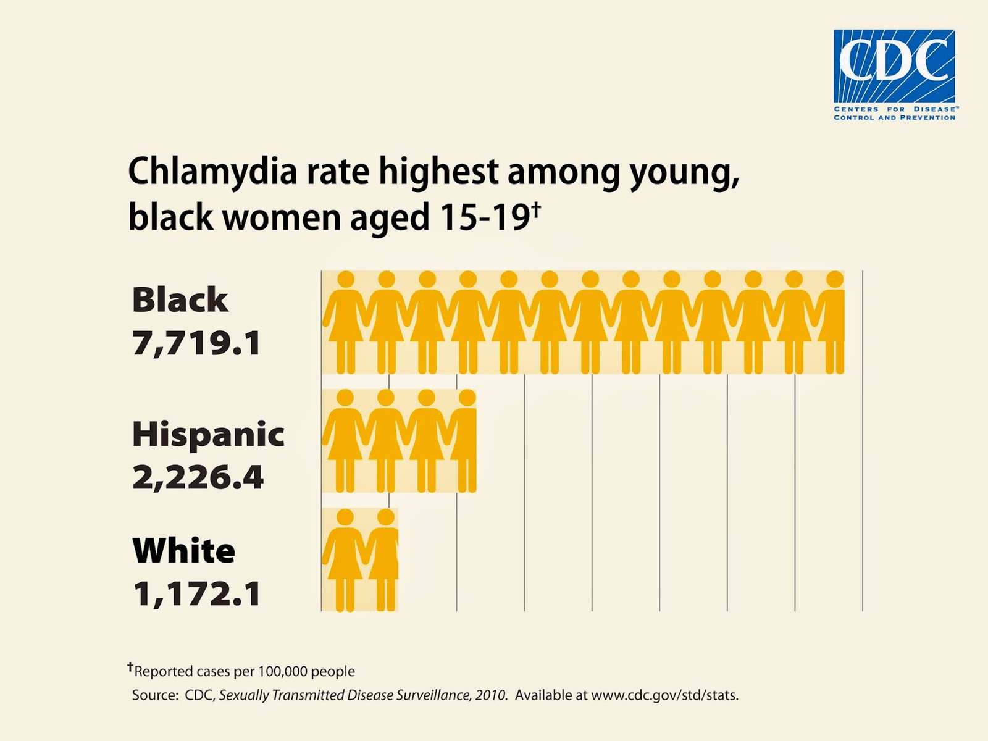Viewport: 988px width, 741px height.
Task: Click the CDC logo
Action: tap(894, 66)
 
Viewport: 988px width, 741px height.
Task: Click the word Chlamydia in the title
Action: tap(212, 172)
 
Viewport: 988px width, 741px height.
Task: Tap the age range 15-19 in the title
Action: tap(485, 217)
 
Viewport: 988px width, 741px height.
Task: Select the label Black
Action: tap(180, 300)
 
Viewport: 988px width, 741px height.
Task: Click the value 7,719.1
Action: tap(197, 343)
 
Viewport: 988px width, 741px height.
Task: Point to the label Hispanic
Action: tap(208, 435)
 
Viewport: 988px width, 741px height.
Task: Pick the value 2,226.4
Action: tap(198, 477)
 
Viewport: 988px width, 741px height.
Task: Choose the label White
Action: tap(184, 551)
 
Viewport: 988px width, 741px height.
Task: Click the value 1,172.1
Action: tap(197, 593)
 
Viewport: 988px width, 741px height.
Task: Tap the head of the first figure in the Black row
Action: tap(346, 279)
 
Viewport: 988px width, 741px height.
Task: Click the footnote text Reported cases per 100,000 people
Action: tap(245, 671)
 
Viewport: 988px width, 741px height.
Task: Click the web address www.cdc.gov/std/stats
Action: tap(664, 695)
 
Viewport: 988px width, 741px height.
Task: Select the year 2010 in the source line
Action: tap(491, 695)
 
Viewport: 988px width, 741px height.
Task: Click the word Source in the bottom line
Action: tap(154, 695)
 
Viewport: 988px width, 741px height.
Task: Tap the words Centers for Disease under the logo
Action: tap(894, 109)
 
